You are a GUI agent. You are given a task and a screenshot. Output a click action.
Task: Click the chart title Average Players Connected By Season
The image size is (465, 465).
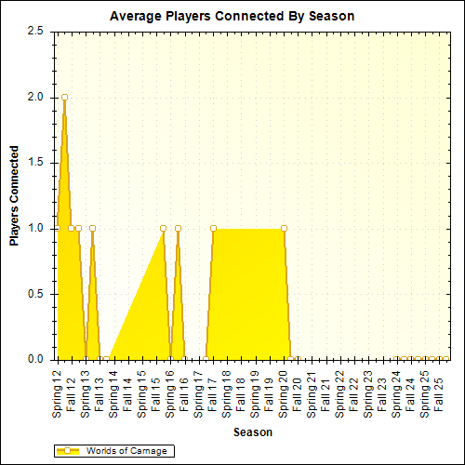(232, 16)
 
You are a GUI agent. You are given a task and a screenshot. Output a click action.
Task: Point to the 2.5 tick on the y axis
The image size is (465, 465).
(35, 31)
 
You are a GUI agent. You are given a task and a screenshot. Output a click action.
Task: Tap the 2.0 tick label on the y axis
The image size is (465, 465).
(35, 97)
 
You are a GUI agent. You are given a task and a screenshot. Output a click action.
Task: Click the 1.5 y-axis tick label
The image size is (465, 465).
(35, 163)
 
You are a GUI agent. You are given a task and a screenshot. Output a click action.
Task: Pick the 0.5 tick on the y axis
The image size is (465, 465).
(35, 294)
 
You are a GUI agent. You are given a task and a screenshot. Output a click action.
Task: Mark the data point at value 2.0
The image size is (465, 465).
(64, 97)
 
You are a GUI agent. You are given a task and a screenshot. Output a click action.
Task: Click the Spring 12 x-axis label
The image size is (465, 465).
(58, 391)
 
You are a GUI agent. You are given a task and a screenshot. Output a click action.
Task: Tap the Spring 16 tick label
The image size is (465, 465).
(170, 391)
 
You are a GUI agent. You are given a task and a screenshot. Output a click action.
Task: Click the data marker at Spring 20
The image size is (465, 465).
(284, 228)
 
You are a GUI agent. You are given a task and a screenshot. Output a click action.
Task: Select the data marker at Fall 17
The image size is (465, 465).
(213, 228)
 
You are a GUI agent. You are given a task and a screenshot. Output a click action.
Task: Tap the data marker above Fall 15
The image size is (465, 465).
(163, 228)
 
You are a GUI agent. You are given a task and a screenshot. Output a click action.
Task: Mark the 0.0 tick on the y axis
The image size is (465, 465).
(35, 359)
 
